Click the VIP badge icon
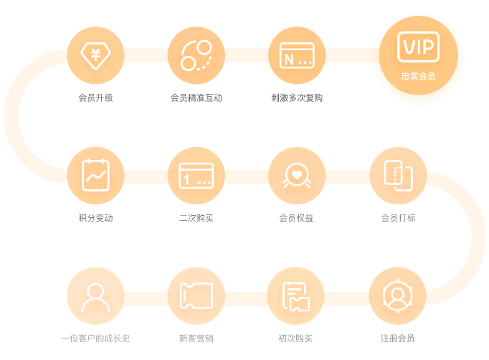(418, 47)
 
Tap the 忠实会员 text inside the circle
(418, 76)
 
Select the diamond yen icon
(95, 55)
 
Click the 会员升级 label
(95, 98)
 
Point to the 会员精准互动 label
(196, 98)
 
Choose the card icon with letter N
(297, 55)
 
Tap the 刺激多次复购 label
(297, 98)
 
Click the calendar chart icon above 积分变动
(95, 175)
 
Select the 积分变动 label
(95, 218)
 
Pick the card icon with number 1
(196, 176)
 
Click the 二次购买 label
(196, 218)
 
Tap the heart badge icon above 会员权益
(297, 175)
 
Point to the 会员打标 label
(398, 218)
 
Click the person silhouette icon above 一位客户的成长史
(95, 298)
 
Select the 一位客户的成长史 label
(95, 338)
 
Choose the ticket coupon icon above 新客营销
(196, 295)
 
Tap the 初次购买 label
(295, 338)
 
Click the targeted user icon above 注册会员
(398, 295)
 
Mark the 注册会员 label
(398, 338)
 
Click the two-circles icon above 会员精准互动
(196, 55)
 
